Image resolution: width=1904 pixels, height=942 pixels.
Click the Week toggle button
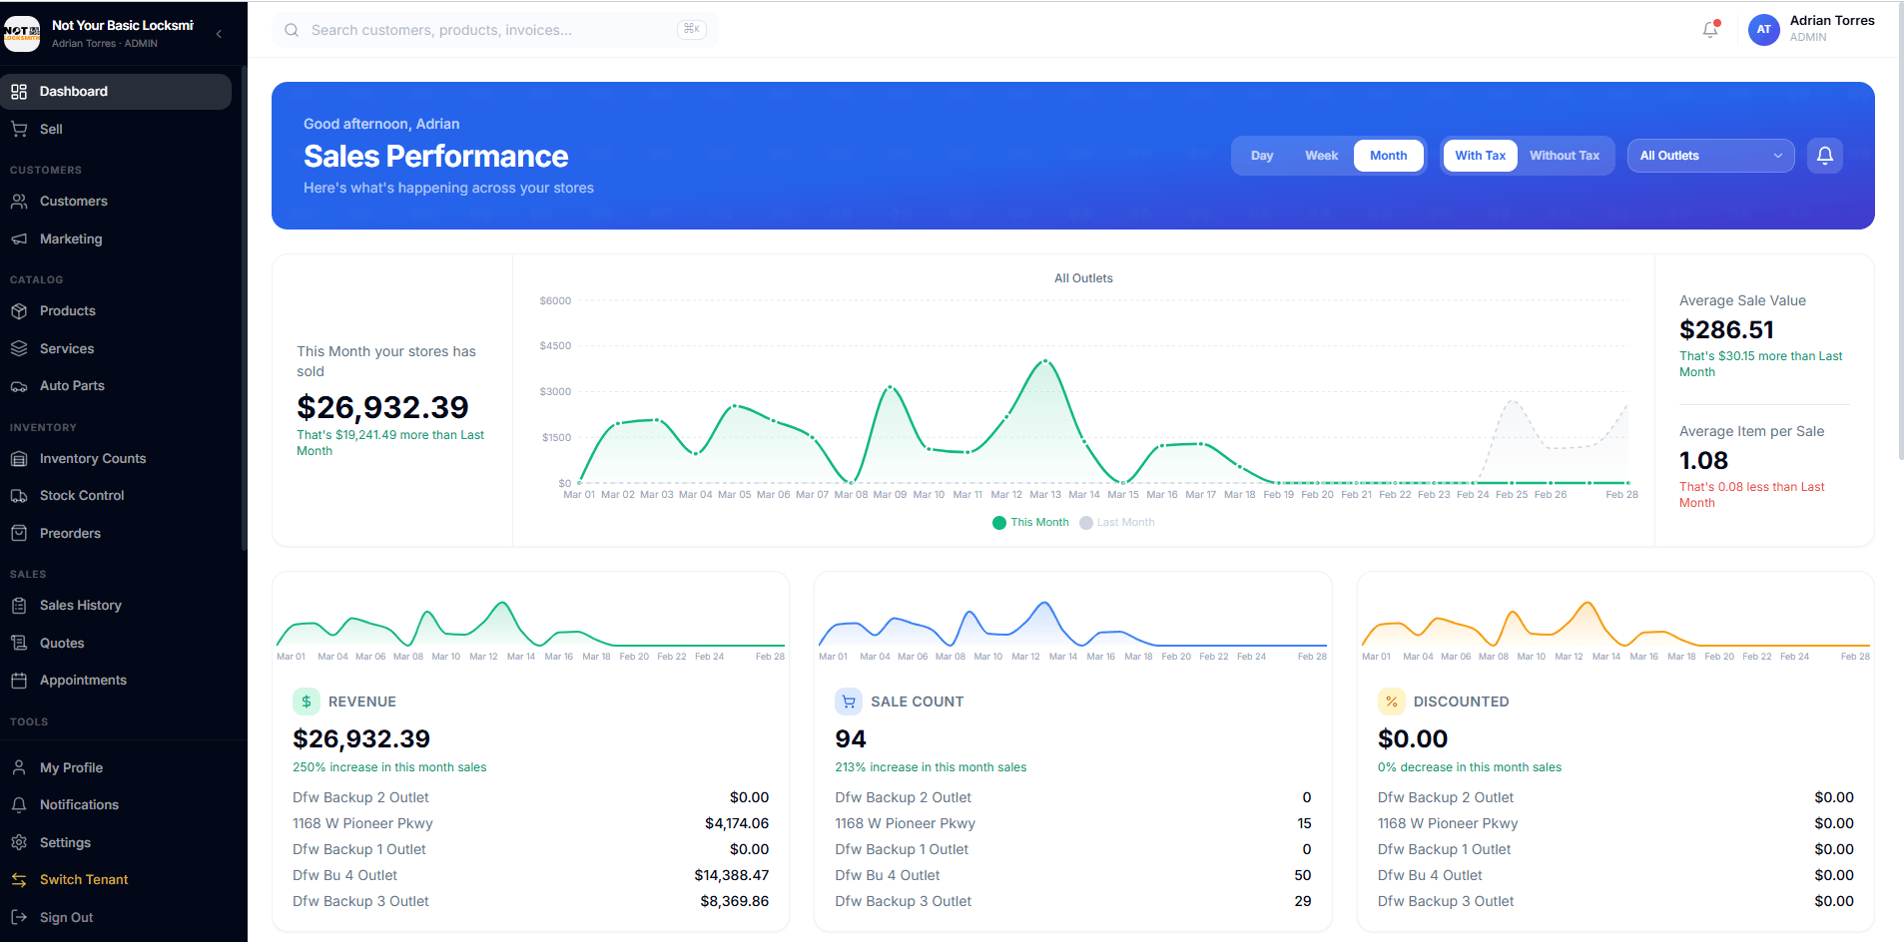point(1321,156)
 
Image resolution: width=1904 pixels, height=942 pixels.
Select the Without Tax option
point(1564,156)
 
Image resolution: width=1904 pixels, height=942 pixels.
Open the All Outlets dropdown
point(1710,156)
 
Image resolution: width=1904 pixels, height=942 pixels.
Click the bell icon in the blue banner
point(1824,156)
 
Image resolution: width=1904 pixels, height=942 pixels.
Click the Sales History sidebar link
point(80,606)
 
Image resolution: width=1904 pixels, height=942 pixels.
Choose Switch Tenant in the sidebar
point(84,880)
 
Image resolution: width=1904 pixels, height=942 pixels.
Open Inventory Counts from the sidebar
point(92,459)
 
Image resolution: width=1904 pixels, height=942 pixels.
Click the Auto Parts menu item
point(72,386)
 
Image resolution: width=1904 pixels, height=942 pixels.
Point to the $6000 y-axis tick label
point(555,300)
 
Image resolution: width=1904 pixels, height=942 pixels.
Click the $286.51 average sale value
point(1726,330)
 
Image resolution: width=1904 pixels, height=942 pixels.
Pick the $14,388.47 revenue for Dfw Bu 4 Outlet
point(731,876)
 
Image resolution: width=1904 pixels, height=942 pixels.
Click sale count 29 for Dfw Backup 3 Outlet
point(1302,902)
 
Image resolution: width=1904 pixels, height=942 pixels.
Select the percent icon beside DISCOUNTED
point(1391,702)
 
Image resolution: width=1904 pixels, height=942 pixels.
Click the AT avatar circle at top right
point(1763,30)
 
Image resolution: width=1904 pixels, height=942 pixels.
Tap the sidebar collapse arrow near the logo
point(219,34)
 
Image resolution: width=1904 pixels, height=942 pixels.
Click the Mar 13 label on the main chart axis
point(1045,495)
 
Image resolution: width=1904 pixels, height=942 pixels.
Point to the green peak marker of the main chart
point(1045,361)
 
